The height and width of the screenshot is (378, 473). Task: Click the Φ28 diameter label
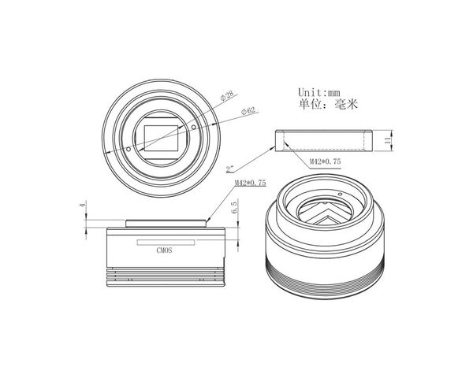point(227,95)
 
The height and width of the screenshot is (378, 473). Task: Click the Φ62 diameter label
point(248,111)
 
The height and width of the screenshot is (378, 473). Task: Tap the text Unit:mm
point(319,92)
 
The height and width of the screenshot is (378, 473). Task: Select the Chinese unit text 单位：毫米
point(328,104)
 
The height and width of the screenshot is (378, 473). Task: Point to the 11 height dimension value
point(388,140)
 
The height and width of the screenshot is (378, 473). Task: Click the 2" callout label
point(230,169)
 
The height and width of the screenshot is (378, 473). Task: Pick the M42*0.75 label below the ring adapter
point(325,161)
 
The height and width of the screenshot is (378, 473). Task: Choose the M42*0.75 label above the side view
point(251,183)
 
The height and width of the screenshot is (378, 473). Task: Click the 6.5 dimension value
point(234,208)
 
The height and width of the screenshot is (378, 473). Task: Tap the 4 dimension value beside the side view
point(82,206)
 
